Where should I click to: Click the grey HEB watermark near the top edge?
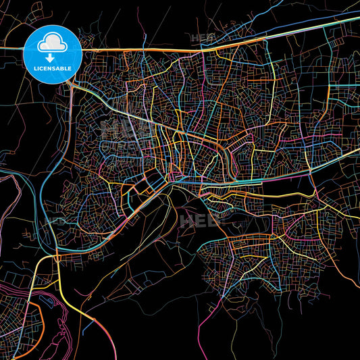point(201,38)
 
